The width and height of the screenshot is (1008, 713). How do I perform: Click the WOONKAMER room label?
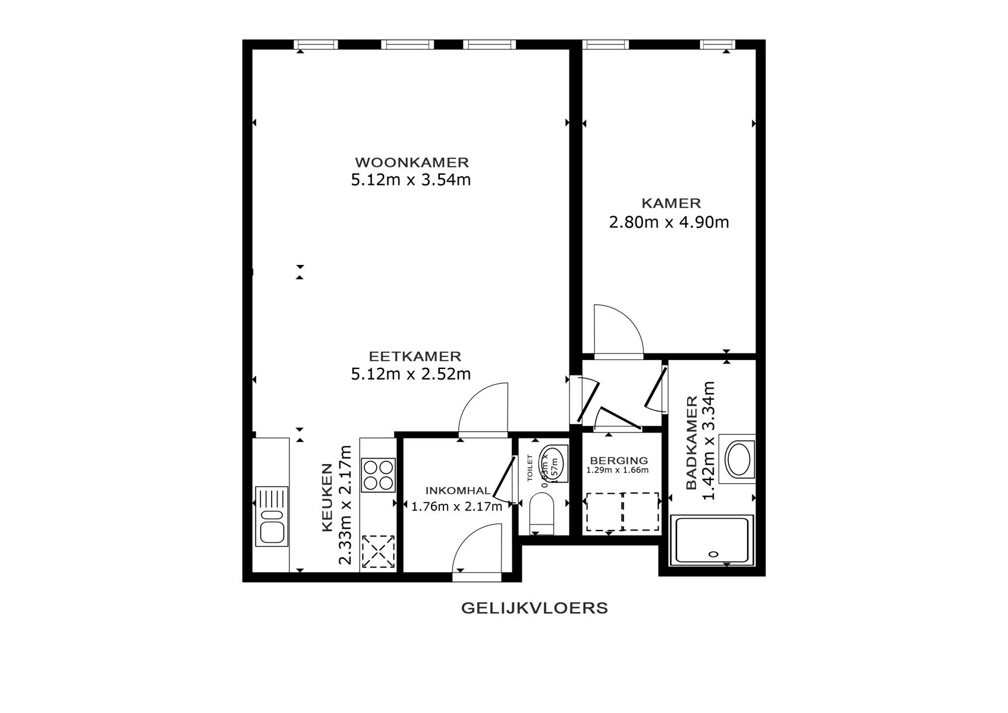(x=412, y=162)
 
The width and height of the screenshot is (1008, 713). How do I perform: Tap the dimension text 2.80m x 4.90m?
(x=669, y=223)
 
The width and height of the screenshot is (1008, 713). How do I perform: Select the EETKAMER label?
(x=415, y=356)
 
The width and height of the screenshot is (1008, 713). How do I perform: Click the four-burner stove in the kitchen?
(x=379, y=475)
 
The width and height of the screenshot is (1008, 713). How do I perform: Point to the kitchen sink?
(x=272, y=516)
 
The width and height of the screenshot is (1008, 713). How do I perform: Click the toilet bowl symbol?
(x=541, y=512)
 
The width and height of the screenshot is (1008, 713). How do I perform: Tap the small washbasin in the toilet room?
(x=552, y=460)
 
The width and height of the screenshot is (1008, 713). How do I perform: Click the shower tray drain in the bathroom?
(x=714, y=554)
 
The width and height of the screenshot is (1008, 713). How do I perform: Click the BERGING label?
(x=618, y=460)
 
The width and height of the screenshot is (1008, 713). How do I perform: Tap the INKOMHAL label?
(x=458, y=491)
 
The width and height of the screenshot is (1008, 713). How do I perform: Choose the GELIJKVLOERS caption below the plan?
(x=534, y=608)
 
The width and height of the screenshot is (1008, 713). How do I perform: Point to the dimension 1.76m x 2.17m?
(x=456, y=507)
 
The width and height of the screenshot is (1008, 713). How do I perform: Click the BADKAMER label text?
(x=691, y=443)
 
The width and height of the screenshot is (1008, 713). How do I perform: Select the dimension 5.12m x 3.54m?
(x=411, y=179)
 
